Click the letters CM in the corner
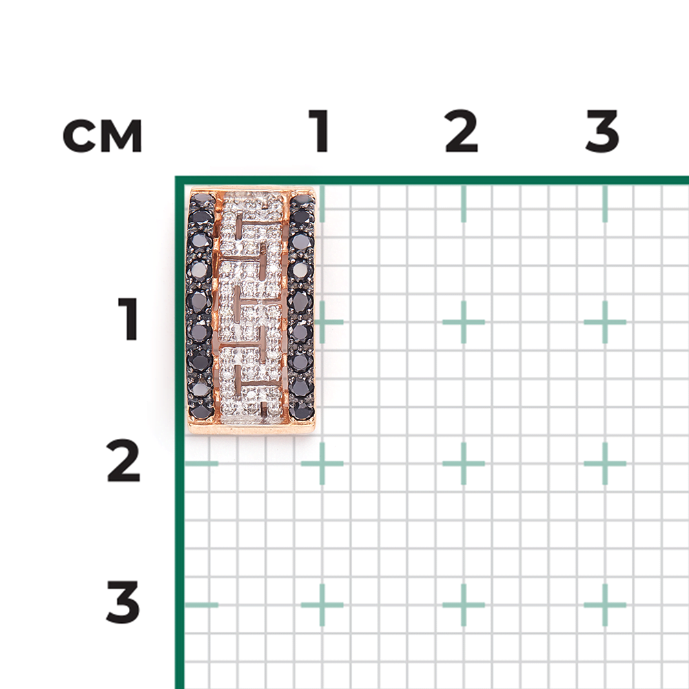(103, 136)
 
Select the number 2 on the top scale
(461, 130)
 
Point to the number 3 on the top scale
(602, 130)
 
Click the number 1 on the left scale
(128, 319)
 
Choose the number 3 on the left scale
(123, 602)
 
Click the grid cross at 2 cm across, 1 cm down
(464, 322)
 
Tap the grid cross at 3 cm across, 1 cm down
(605, 322)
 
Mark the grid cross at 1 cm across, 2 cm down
(322, 464)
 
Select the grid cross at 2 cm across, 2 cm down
(464, 464)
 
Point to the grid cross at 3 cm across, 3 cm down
(605, 605)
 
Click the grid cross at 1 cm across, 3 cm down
(322, 605)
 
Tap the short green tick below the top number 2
(464, 203)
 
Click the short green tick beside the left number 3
(201, 605)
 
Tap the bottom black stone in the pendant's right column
(302, 411)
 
